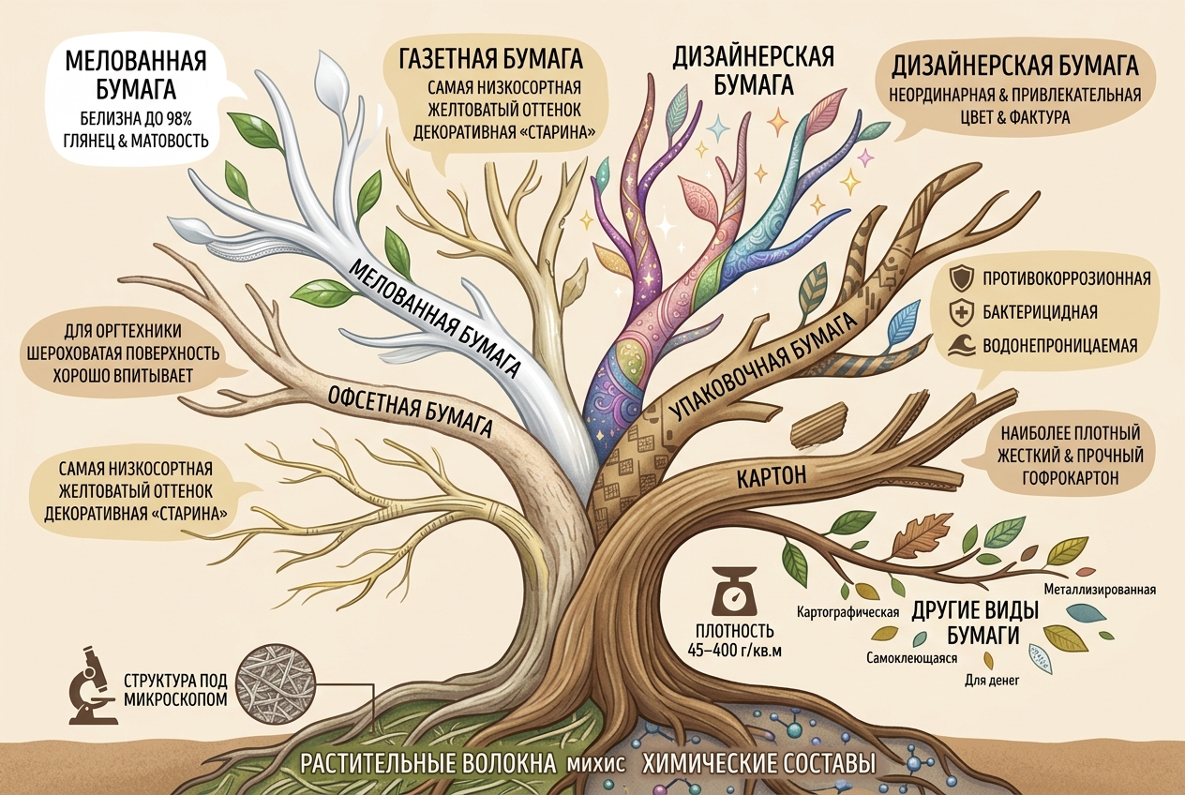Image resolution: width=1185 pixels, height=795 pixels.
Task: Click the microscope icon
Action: point(93,686)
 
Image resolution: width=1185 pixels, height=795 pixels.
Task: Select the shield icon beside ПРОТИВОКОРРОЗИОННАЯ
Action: point(958,279)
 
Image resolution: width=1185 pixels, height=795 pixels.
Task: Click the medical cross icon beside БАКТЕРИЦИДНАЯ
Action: point(958,312)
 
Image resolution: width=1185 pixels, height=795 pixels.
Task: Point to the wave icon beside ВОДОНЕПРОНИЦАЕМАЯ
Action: point(958,346)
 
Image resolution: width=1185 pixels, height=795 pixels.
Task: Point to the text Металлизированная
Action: point(1100,590)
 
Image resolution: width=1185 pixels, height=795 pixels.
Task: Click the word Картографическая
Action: point(848,613)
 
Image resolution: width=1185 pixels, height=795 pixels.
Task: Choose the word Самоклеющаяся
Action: point(912,658)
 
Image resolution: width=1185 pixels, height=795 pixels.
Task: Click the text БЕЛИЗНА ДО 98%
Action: point(135,120)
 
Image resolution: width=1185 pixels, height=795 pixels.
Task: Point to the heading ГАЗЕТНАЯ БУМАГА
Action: point(491,60)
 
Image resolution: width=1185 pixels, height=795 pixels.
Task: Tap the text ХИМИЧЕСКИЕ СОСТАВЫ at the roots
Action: point(759,764)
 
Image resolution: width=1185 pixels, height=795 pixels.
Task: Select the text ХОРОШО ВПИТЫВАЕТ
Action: point(122,376)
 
